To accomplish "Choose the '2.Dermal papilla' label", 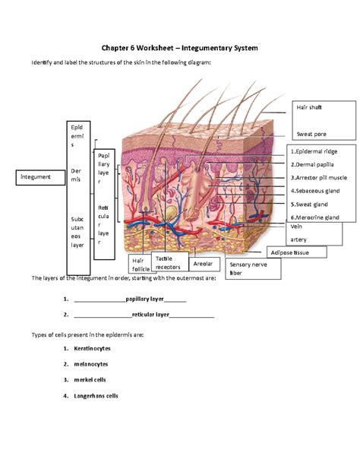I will pyautogui.click(x=314, y=163).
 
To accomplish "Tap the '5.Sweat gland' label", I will pyautogui.click(x=310, y=204).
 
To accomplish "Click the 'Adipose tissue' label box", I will pyautogui.click(x=295, y=252).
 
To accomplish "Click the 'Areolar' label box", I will pyautogui.click(x=203, y=264).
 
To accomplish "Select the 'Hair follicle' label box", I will pyautogui.click(x=141, y=265).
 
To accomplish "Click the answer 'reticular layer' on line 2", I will pyautogui.click(x=149, y=313).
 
